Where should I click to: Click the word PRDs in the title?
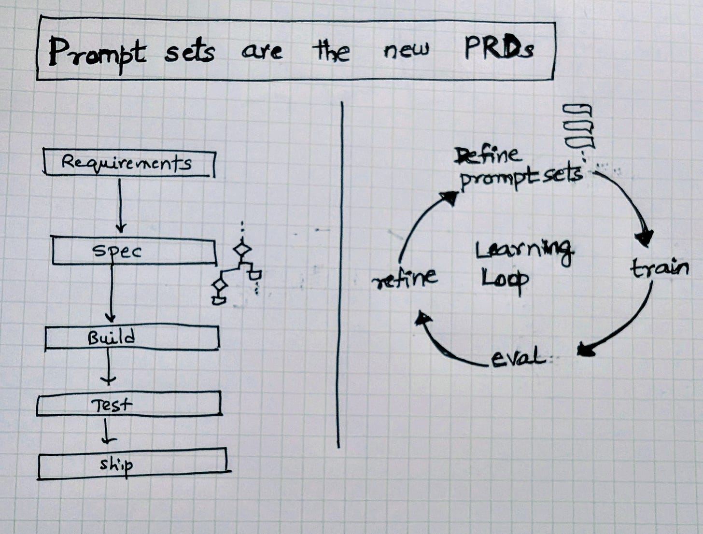tap(499, 49)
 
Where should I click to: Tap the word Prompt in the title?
tap(96, 54)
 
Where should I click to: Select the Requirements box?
tap(128, 163)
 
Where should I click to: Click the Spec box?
tap(134, 252)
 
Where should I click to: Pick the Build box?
tap(132, 337)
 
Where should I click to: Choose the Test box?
tap(129, 404)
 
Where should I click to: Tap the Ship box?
tap(132, 464)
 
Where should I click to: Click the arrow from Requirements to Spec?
tap(120, 205)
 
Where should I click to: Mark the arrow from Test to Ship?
tap(108, 431)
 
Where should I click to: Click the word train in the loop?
tap(660, 268)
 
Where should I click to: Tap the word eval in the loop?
tap(517, 358)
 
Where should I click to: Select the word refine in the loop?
tap(405, 278)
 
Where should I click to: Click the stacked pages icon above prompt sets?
tap(579, 126)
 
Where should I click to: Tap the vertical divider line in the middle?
tap(340, 275)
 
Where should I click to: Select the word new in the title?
tap(406, 50)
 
